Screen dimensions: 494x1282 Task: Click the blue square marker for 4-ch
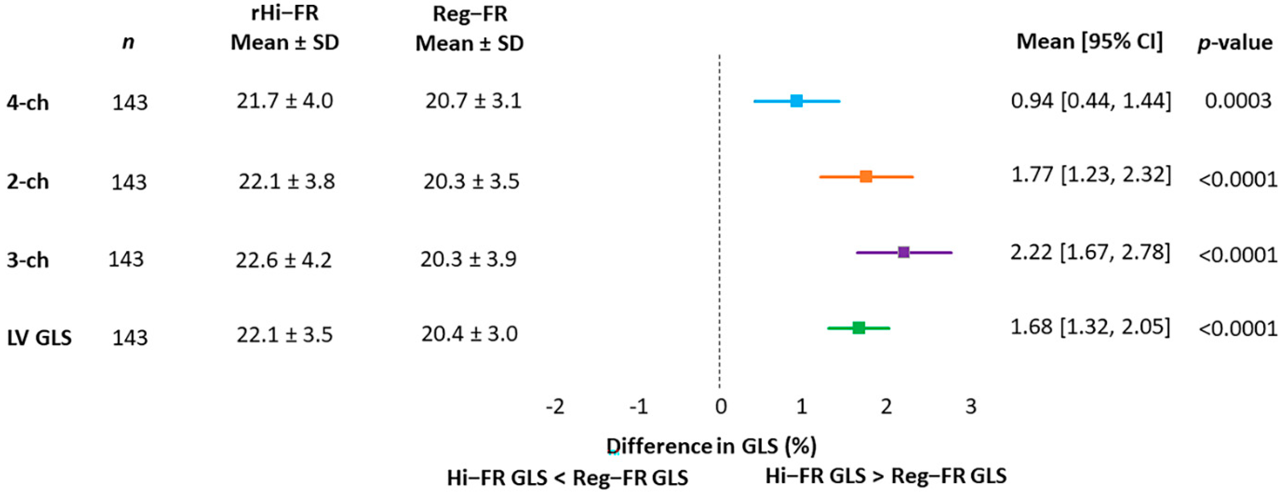[796, 101]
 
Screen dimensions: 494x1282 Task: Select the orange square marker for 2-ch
[866, 176]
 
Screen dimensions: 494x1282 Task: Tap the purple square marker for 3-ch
[904, 252]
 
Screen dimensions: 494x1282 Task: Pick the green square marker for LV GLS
[859, 328]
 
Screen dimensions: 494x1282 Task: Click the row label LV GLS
[39, 338]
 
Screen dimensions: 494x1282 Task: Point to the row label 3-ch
[27, 260]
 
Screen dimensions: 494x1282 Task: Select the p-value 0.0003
[1238, 101]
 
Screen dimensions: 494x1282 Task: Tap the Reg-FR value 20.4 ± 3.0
[469, 334]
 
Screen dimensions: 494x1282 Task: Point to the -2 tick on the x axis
[555, 407]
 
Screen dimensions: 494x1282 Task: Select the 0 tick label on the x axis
[720, 407]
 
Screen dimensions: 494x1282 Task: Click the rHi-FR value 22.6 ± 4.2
[283, 260]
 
